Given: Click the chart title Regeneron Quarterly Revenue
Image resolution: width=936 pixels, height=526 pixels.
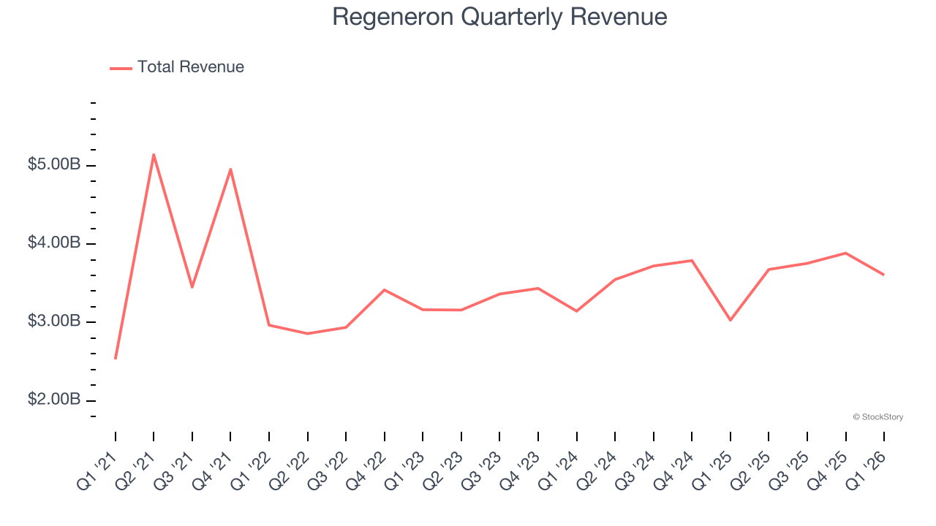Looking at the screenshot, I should (x=499, y=17).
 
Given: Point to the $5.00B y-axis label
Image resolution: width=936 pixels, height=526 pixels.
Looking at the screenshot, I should (x=54, y=165).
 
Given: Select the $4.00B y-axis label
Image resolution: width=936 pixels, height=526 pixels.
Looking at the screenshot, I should (x=54, y=243).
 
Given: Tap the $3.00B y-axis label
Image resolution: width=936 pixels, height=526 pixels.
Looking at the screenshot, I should (x=54, y=321).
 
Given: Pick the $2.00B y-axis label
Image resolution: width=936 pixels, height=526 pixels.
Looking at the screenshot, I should (x=54, y=400).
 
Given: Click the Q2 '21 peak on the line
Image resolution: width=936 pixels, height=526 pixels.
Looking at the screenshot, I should (x=154, y=154).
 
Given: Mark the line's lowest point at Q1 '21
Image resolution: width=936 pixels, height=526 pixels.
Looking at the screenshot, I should (x=116, y=358).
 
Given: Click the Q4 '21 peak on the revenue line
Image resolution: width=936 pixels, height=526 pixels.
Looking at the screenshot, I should (x=230, y=169).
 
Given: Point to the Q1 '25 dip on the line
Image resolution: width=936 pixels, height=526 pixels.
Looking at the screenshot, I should (x=730, y=320).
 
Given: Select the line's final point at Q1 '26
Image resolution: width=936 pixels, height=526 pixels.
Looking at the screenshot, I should (x=883, y=275).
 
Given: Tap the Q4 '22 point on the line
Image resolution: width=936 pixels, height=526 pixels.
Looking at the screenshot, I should (x=384, y=290).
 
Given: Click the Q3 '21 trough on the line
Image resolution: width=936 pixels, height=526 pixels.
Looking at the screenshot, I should (x=192, y=287).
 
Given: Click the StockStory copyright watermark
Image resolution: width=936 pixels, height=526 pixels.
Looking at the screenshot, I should (x=877, y=417).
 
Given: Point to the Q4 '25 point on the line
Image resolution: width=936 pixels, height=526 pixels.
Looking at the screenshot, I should (x=845, y=253).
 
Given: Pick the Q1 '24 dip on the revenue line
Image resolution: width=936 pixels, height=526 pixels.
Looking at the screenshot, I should (x=576, y=311).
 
